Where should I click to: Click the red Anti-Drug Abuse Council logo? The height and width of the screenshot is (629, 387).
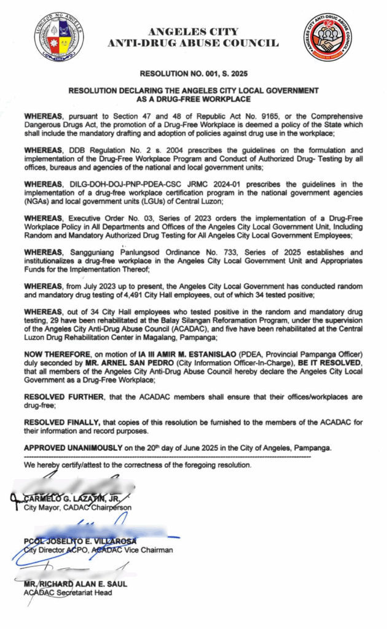point(327,37)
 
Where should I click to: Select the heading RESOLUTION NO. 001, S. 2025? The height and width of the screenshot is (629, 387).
point(193,74)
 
